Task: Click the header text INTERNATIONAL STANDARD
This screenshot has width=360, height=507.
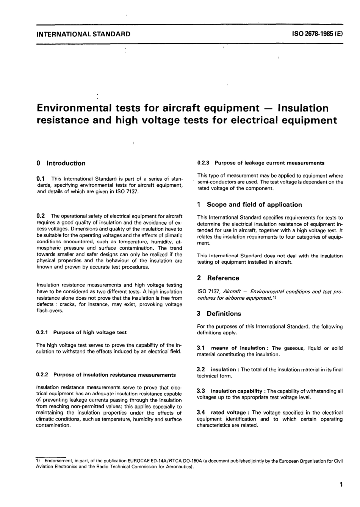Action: pyautogui.click(x=83, y=34)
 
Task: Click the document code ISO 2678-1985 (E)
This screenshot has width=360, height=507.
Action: pyautogui.click(x=317, y=34)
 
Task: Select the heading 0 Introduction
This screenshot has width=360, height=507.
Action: pyautogui.click(x=61, y=163)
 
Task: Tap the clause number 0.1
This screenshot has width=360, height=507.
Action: pyautogui.click(x=41, y=178)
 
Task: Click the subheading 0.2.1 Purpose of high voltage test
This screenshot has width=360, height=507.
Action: pyautogui.click(x=81, y=332)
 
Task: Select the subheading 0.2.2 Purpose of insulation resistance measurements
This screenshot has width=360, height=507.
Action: pyautogui.click(x=106, y=375)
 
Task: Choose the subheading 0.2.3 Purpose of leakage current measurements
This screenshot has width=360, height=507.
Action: pyautogui.click(x=261, y=163)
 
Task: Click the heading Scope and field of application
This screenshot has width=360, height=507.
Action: pyautogui.click(x=254, y=205)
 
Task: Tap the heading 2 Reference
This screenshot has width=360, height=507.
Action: pyautogui.click(x=218, y=278)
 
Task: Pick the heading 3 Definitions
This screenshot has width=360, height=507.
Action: pyautogui.click(x=219, y=314)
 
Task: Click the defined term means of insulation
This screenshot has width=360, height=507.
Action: pyautogui.click(x=238, y=348)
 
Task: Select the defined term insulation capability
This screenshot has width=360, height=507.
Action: pyautogui.click(x=236, y=391)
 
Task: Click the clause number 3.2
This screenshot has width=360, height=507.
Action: pyautogui.click(x=201, y=369)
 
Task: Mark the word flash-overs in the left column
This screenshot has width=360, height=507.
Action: pyautogui.click(x=49, y=311)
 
